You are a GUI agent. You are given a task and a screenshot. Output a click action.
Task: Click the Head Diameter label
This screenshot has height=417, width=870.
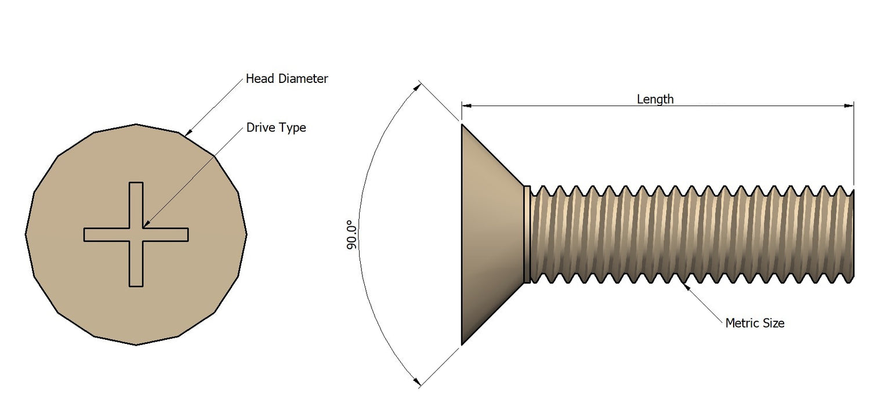tap(287, 78)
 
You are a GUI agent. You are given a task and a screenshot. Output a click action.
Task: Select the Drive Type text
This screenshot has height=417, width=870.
tap(275, 128)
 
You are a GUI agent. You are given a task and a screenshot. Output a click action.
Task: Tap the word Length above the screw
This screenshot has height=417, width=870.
tap(655, 99)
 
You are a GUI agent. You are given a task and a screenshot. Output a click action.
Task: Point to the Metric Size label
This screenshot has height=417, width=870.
tap(755, 323)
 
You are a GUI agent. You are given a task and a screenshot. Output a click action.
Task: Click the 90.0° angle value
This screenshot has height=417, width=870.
tap(351, 235)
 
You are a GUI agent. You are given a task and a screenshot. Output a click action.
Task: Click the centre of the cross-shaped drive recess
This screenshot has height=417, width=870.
tap(136, 234)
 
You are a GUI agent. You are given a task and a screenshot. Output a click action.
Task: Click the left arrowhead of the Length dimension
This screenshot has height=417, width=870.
tap(466, 106)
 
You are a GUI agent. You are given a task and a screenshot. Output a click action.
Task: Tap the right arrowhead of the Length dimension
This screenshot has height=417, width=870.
tap(849, 106)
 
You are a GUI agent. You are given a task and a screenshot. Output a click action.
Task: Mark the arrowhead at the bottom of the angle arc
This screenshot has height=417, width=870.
tap(416, 380)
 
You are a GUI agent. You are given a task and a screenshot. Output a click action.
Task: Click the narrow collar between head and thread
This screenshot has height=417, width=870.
tap(527, 234)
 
